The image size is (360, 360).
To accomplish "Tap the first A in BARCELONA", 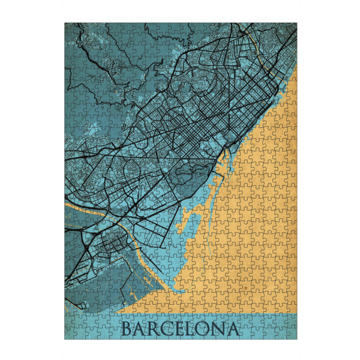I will tap(142, 329).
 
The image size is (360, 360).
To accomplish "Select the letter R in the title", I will tap(156, 329).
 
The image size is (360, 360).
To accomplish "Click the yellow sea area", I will tap(252, 228).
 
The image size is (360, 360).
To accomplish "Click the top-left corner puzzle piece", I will tap(70, 29).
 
